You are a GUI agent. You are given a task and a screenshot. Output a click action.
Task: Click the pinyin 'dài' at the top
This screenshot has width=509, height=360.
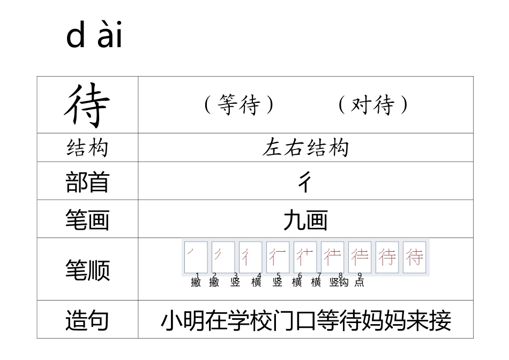tap(94, 36)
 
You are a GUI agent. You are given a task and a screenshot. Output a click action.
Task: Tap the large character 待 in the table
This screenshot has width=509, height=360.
tap(87, 105)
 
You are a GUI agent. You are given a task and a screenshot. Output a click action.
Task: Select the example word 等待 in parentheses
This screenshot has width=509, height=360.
tap(239, 105)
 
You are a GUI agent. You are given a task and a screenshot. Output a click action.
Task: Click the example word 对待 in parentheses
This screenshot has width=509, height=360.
tap(373, 105)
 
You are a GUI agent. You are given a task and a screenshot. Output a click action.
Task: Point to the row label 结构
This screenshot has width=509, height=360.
tap(87, 147)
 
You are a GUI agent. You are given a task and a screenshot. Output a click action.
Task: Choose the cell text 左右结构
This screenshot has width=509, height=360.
tap(305, 147)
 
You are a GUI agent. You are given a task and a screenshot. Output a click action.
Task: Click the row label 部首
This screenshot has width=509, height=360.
tap(87, 182)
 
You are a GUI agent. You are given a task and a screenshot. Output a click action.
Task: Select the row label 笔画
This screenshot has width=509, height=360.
tap(87, 220)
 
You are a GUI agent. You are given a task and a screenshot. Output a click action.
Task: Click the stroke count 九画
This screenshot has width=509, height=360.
tap(305, 220)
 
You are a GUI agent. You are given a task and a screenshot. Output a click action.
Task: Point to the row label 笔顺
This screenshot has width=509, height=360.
tap(87, 269)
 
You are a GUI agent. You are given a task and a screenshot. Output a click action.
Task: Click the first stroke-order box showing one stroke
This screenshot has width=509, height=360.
tap(196, 257)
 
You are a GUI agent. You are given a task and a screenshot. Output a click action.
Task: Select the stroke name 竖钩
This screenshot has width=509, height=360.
tap(339, 282)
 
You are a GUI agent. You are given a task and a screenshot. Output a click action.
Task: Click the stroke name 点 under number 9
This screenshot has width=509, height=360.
tap(359, 282)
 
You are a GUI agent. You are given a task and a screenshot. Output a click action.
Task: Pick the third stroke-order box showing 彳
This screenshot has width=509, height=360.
tap(250, 257)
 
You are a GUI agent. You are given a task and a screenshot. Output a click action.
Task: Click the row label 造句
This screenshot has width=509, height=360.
tap(87, 320)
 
